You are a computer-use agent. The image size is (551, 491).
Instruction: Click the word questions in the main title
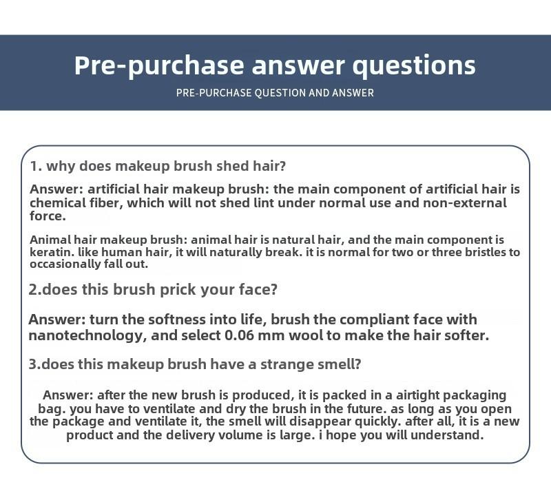coord(414,65)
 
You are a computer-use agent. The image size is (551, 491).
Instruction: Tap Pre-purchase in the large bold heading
coord(159,65)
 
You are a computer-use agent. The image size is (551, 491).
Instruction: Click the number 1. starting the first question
coord(37,166)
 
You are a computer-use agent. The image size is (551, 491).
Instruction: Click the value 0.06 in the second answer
coord(239,335)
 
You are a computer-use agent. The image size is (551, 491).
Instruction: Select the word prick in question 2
coord(175,290)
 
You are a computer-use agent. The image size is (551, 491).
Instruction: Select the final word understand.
coord(447,435)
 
